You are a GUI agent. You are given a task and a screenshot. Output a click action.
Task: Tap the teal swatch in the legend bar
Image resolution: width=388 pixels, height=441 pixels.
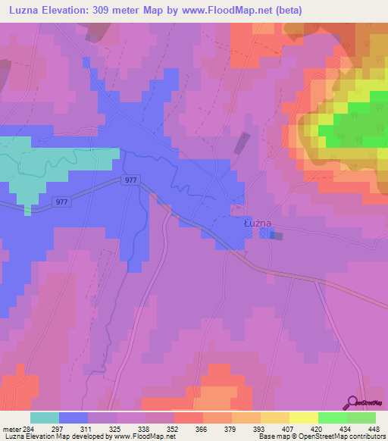click(x=45, y=418)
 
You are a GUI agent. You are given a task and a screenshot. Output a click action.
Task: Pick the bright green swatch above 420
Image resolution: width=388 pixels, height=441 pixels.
click(x=333, y=418)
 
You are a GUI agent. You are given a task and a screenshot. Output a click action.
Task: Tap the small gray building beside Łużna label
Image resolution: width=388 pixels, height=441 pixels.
click(x=277, y=236)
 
